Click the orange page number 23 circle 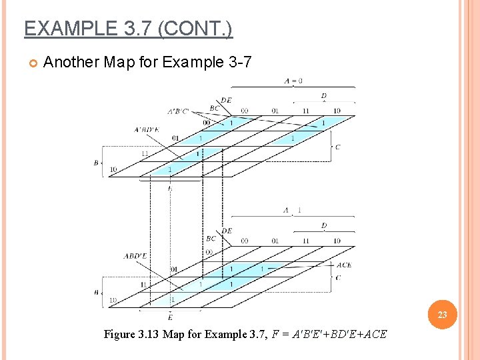click(x=442, y=315)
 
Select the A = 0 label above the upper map click(x=293, y=81)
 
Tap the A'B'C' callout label click(x=178, y=111)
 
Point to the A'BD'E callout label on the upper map click(x=147, y=129)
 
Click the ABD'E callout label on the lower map click(x=136, y=256)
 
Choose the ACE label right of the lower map click(x=343, y=265)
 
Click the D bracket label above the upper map click(x=324, y=97)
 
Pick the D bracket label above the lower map click(x=324, y=226)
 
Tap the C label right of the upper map click(x=337, y=147)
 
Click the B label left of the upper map click(x=96, y=162)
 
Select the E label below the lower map click(x=170, y=317)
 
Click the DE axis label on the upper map click(x=227, y=101)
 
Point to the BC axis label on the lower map click(x=211, y=238)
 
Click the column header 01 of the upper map click(x=275, y=111)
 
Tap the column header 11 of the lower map click(x=305, y=241)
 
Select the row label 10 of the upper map click(x=113, y=169)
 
